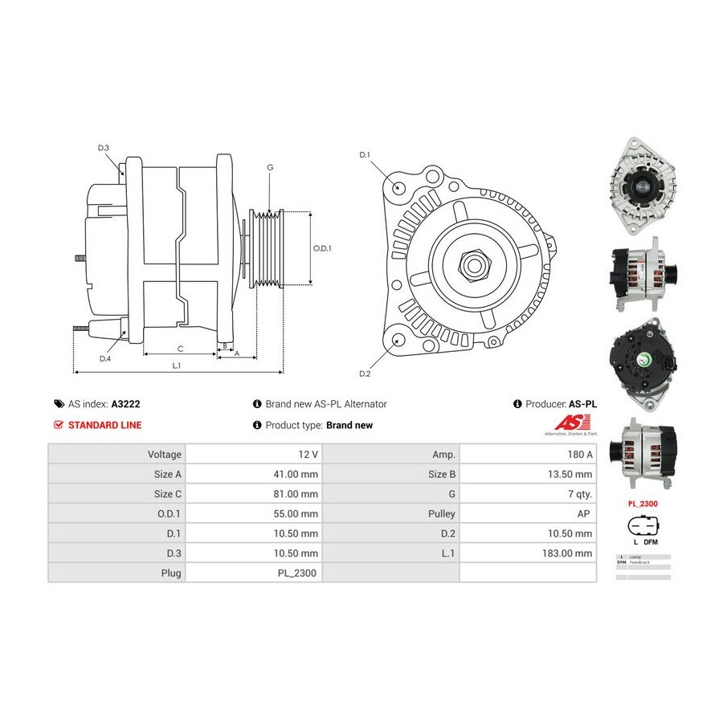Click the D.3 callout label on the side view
click(104, 148)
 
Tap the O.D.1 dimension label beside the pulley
click(321, 248)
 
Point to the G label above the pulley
click(270, 167)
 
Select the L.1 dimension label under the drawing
click(177, 366)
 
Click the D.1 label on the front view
click(364, 154)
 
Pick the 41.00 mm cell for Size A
click(296, 474)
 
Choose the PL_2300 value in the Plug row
click(300, 573)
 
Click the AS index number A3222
click(126, 404)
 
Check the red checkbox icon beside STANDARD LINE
click(58, 425)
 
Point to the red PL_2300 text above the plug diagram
click(643, 504)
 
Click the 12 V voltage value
click(308, 454)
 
